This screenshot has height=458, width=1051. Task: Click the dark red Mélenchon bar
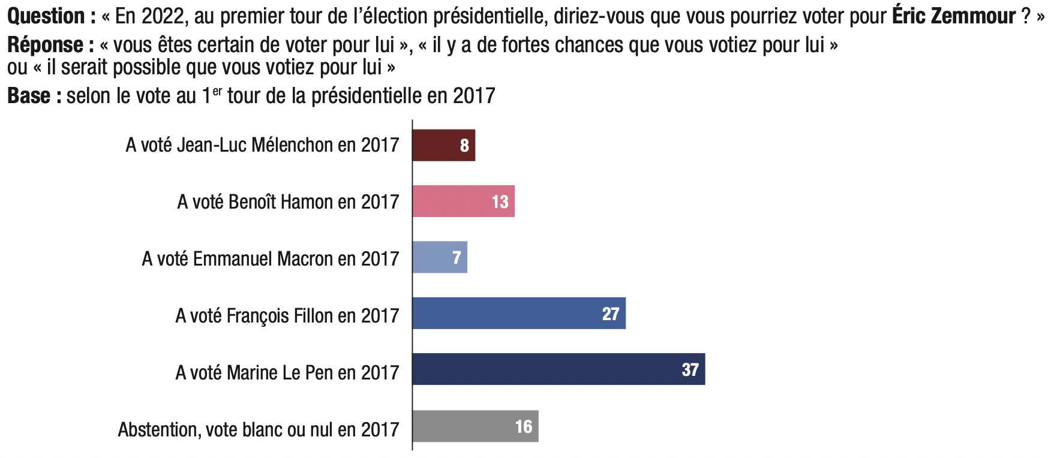point(443,145)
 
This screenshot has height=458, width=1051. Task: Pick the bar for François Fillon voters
point(519,314)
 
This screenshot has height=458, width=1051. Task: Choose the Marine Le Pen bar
point(558,369)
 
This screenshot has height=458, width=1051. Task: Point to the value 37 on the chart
point(690,370)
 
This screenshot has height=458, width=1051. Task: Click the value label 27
point(610,314)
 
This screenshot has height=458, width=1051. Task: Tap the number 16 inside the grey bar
point(523,427)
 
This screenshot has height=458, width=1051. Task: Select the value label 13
point(500,202)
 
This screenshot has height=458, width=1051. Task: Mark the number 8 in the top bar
point(464,146)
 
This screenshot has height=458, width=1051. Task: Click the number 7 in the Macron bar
point(457,258)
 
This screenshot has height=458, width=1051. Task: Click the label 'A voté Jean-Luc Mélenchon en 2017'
point(262,145)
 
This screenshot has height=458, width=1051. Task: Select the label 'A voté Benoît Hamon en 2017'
point(288,202)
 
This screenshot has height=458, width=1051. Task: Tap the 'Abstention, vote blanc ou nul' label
point(258,430)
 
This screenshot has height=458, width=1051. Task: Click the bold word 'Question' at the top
point(46,16)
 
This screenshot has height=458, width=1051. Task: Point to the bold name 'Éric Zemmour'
point(954,16)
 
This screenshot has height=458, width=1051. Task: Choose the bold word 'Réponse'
point(46,45)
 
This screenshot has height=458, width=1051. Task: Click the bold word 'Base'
point(29,96)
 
